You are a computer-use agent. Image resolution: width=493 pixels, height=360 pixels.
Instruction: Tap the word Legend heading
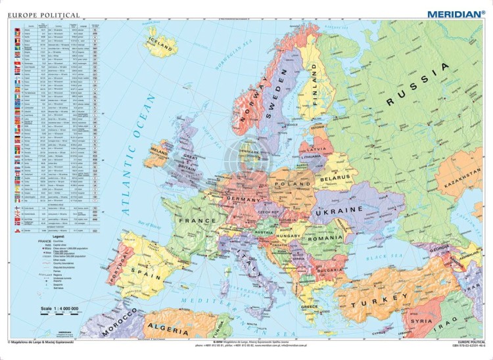point(45,236)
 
